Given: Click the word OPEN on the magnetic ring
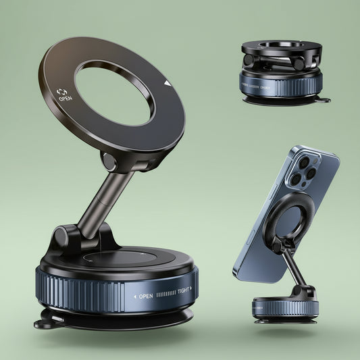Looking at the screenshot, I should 66,99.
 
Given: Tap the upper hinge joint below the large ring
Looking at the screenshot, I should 110,162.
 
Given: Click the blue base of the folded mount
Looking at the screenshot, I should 280,84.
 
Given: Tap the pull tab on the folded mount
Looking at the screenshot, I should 324,100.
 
